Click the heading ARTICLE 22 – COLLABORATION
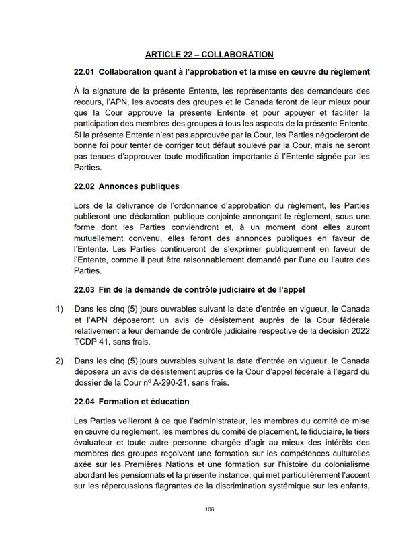click(x=209, y=55)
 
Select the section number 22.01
click(x=85, y=72)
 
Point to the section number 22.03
click(x=85, y=290)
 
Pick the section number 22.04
click(x=85, y=402)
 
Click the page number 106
click(x=209, y=509)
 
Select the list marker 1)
click(x=59, y=309)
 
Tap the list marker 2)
click(x=59, y=361)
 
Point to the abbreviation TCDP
click(x=87, y=342)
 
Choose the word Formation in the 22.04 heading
click(x=121, y=402)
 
